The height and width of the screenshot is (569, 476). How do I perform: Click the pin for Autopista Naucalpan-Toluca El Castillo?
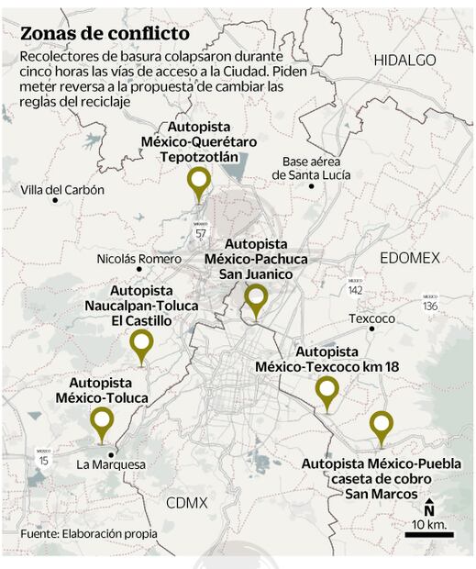141,345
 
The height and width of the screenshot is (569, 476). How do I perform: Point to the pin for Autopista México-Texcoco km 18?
327,391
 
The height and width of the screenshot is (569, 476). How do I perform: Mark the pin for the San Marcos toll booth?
381,426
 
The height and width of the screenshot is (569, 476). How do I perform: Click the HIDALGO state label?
404,59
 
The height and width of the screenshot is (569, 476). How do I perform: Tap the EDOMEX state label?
410,258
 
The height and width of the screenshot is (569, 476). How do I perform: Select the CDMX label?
187,502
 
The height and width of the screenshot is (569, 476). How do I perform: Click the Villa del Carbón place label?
62,190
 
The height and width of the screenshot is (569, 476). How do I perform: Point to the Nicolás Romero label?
139,259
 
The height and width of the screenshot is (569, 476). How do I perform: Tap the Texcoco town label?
371,318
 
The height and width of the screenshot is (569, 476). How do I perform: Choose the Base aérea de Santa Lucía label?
317,167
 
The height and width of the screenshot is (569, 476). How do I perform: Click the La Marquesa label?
111,464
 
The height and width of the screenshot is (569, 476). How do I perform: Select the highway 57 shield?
201,231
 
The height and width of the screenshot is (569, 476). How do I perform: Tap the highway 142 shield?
355,288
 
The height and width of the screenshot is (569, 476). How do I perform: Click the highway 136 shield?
430,303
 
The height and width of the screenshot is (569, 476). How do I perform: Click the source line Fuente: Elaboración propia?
89,533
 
